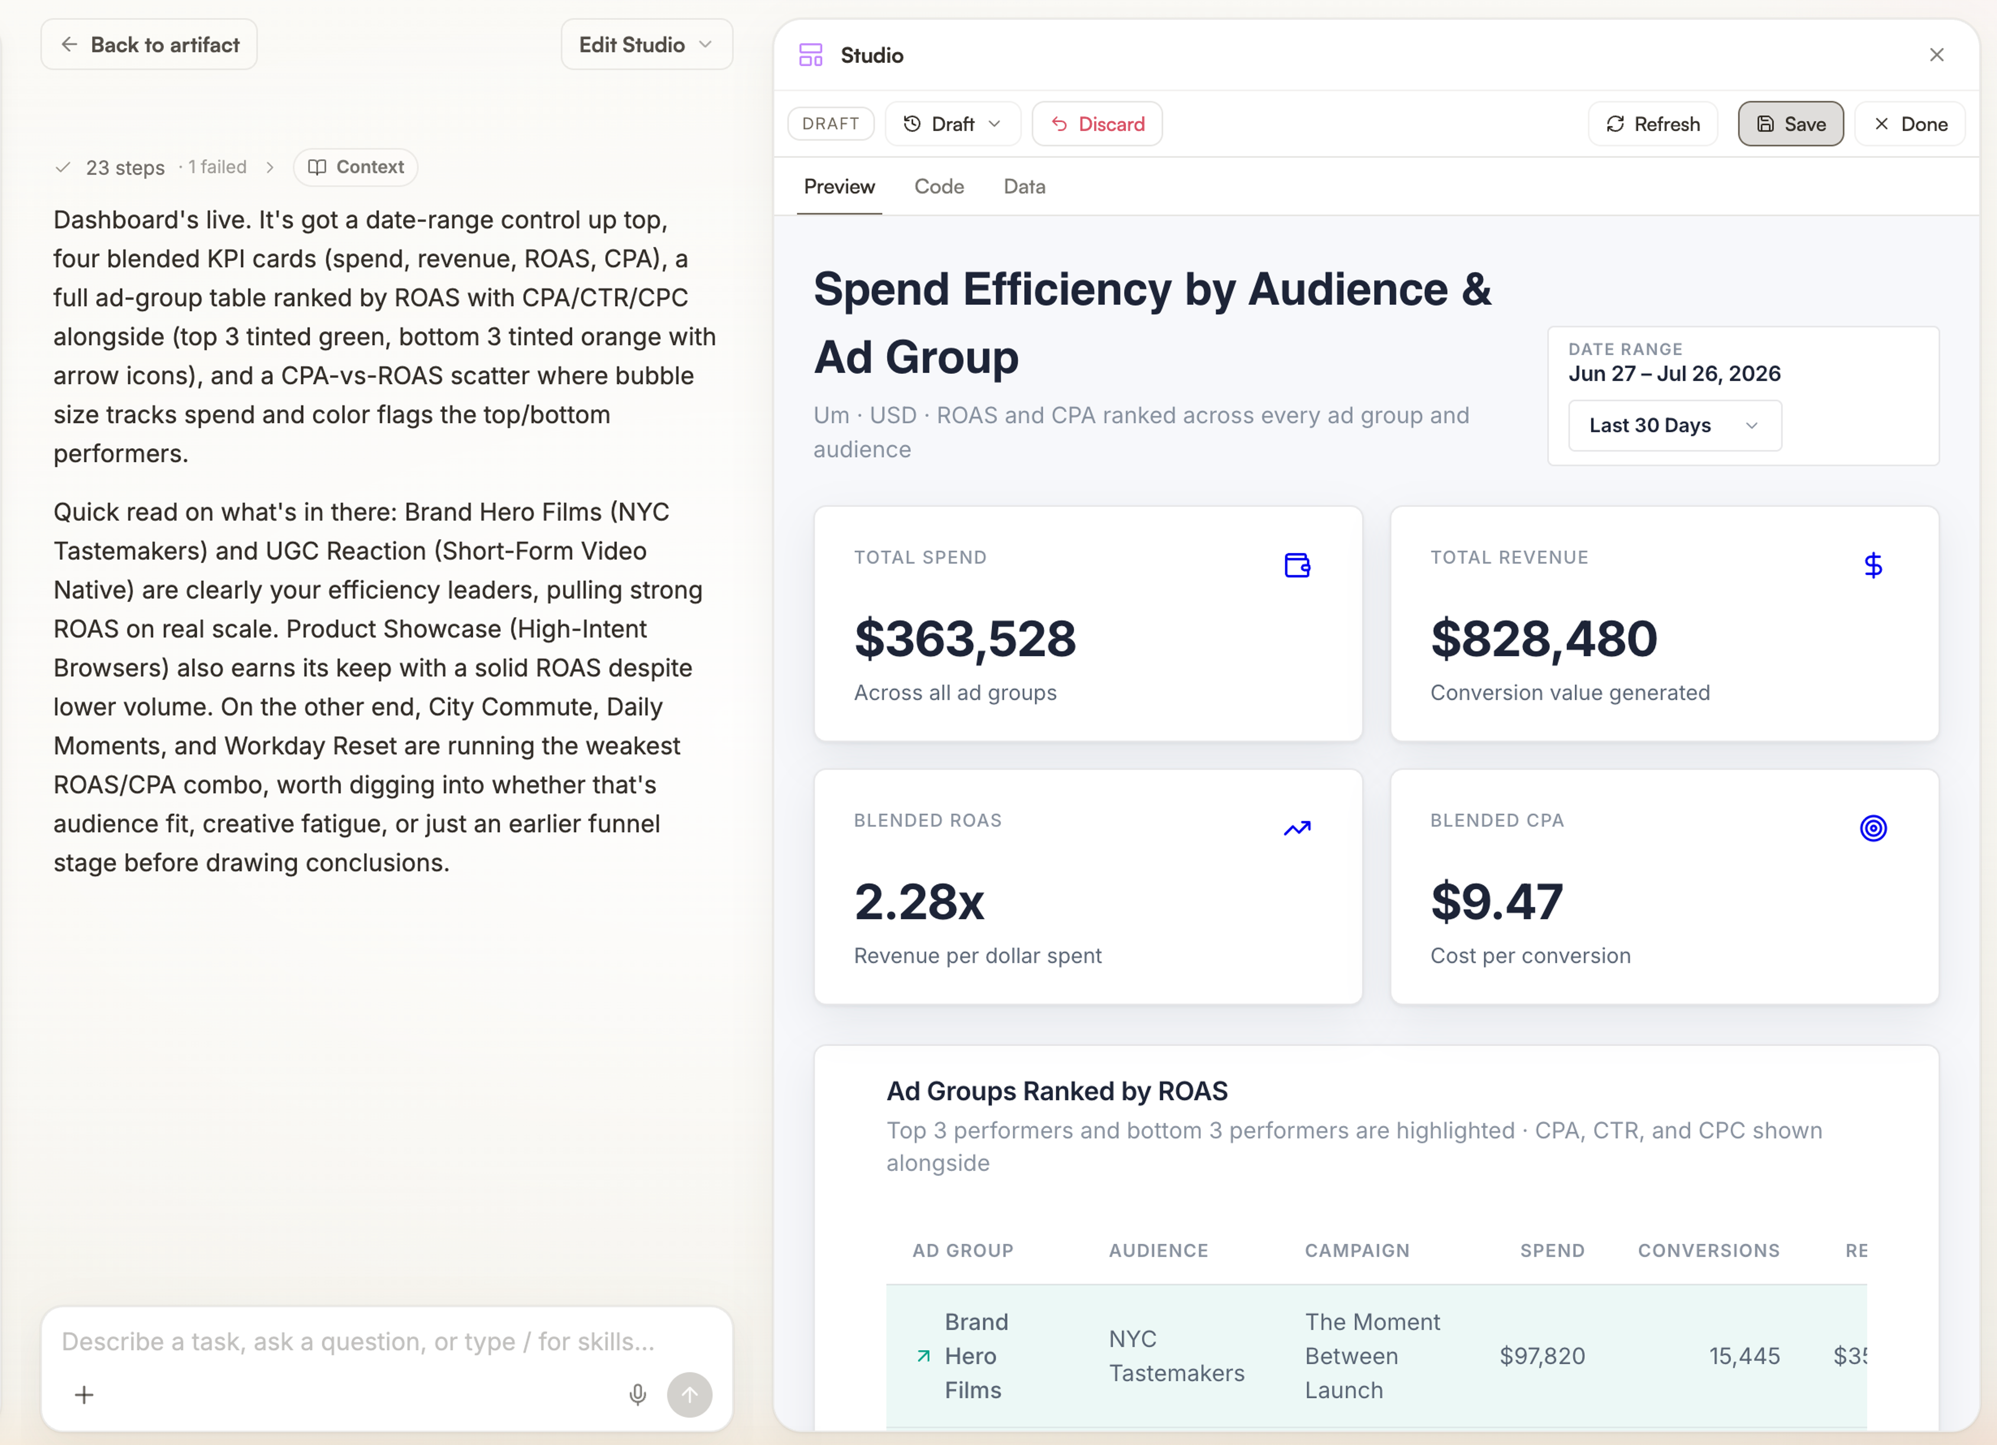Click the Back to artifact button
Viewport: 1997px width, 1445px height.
[x=149, y=45]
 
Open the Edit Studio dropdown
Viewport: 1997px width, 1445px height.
[x=646, y=45]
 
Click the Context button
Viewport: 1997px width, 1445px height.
[x=356, y=167]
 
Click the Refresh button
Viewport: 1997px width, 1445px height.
[x=1653, y=124]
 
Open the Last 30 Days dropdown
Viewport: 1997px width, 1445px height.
[x=1675, y=425]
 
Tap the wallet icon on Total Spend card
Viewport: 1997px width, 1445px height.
[x=1297, y=565]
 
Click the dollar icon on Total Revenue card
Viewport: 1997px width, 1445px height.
[x=1873, y=565]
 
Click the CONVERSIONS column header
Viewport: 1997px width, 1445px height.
[x=1708, y=1251]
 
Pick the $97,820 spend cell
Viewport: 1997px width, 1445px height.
[x=1542, y=1356]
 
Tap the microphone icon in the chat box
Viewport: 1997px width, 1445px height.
[x=638, y=1395]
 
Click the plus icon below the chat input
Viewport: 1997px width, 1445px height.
[x=85, y=1395]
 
